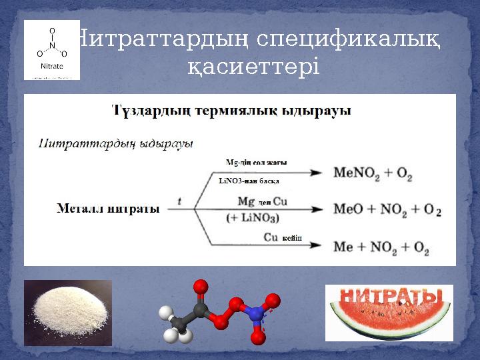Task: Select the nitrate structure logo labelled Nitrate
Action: click(52, 50)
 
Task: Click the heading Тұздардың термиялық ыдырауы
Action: click(231, 110)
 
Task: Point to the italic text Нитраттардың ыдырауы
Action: click(115, 143)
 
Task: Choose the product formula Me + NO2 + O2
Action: click(381, 247)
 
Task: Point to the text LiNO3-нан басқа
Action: click(249, 180)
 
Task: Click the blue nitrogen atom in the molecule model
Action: click(253, 311)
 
